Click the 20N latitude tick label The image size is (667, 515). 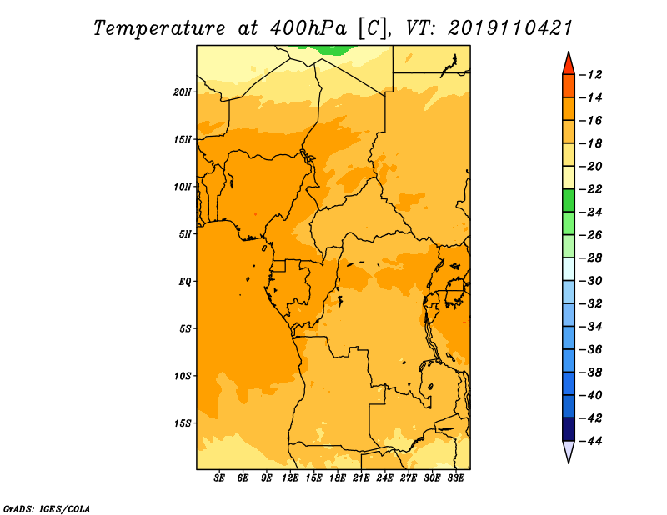point(182,92)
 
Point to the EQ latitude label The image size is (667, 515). point(184,282)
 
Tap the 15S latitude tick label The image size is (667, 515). point(183,423)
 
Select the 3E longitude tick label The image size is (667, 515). point(219,477)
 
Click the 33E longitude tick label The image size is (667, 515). point(455,477)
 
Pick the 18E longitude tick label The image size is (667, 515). point(338,477)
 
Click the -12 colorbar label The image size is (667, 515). point(590,75)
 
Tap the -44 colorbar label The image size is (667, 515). point(590,441)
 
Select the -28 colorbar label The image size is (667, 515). point(590,258)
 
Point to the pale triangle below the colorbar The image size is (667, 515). point(569,451)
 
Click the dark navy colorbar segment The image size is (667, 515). point(569,429)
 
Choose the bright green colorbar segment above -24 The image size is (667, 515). point(569,200)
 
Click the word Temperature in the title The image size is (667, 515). point(159,29)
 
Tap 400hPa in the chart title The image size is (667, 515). point(308,28)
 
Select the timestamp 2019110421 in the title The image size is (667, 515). point(510,28)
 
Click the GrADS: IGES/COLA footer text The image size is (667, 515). point(47,509)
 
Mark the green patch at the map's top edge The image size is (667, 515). point(326,49)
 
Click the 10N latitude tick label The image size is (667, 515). point(183,187)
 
